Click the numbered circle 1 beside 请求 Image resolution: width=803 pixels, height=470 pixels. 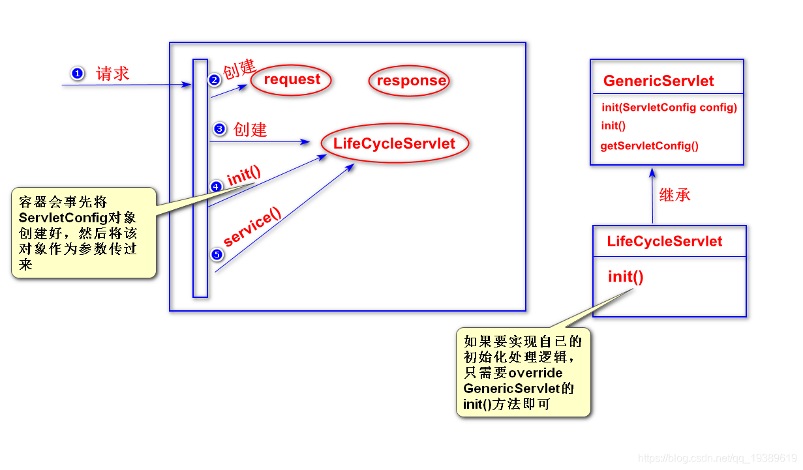[77, 73]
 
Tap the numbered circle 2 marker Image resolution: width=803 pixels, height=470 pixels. [214, 80]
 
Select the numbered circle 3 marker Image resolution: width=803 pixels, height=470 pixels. [219, 129]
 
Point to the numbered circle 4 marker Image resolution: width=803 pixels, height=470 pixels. [217, 186]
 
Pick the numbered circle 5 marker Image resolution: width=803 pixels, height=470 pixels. [217, 254]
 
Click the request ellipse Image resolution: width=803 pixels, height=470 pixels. [292, 80]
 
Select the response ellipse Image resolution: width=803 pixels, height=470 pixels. [410, 81]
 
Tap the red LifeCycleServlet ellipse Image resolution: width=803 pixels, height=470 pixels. [394, 144]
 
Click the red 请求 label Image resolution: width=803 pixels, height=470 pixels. [113, 73]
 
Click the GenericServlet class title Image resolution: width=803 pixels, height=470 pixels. [658, 81]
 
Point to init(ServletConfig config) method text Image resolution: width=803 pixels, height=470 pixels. [669, 108]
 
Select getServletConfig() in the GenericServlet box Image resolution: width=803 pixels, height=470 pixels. [649, 146]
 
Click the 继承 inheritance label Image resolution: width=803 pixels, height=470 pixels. [674, 194]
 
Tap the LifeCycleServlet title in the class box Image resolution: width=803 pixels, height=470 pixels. [664, 242]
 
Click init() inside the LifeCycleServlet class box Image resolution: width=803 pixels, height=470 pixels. [626, 276]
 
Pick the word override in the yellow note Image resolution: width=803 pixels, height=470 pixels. [536, 373]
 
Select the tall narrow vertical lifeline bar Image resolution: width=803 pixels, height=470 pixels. [200, 178]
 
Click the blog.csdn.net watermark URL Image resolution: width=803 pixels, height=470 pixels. [717, 458]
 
